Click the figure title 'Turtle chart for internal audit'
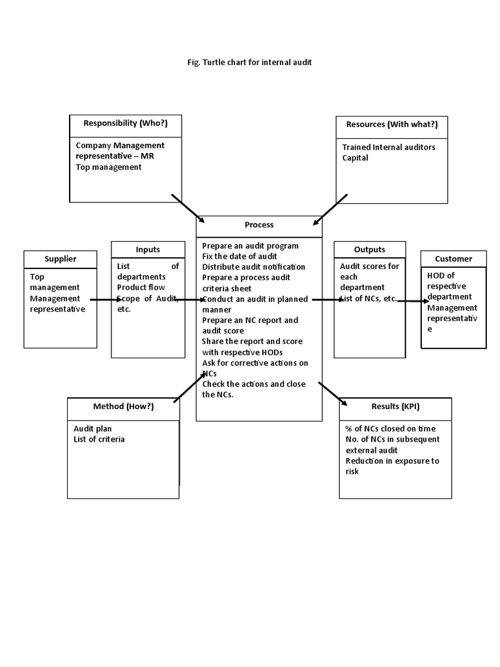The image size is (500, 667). tap(250, 63)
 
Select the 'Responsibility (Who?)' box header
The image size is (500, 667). tap(125, 123)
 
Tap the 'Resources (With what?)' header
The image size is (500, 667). tap(391, 124)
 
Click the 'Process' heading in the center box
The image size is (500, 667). tap(259, 225)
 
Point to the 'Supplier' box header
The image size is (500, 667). tap(60, 259)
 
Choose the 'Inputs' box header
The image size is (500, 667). tap(148, 249)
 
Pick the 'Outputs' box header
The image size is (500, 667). tap(369, 249)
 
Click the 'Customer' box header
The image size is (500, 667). tap(453, 259)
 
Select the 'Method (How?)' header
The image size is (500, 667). tap(123, 406)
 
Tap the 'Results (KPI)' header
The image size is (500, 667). tap(395, 406)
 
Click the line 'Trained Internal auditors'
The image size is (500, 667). tap(389, 147)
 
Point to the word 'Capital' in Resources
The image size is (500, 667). tap(355, 158)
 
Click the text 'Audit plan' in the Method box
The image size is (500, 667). tap(92, 429)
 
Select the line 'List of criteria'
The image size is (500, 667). tap(99, 439)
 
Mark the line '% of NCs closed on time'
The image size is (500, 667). tap(391, 429)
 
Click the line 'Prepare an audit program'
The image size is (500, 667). tap(250, 246)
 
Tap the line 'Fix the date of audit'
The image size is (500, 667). tap(240, 256)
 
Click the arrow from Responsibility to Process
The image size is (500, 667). tap(188, 208)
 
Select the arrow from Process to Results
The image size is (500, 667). tap(333, 394)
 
